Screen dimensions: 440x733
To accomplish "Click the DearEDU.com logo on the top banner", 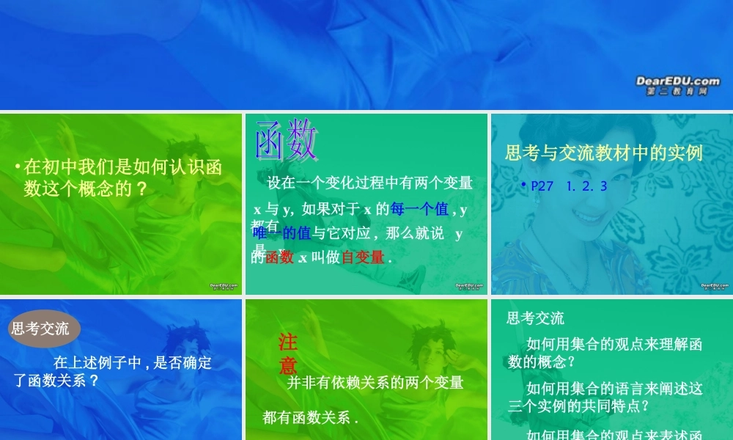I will (677, 84).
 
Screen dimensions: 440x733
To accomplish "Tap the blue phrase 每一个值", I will (419, 210).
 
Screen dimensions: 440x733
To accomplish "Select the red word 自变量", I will (363, 257).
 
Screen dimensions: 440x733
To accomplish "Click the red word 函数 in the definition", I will (279, 257).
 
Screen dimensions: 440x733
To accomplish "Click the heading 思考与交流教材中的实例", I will (604, 153).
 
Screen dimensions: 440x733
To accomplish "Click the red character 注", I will (287, 342).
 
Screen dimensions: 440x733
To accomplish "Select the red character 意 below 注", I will (287, 365).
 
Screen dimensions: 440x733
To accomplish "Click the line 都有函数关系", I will (311, 418).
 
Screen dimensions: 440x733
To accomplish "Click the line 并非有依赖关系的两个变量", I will (375, 383).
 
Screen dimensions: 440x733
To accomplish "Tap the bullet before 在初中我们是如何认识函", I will (17, 168).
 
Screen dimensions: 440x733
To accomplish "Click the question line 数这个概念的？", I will (85, 189).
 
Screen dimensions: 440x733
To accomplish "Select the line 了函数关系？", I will (56, 381).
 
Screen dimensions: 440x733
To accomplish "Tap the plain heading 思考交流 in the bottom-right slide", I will (536, 318).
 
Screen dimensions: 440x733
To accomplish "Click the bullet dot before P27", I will (523, 186).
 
